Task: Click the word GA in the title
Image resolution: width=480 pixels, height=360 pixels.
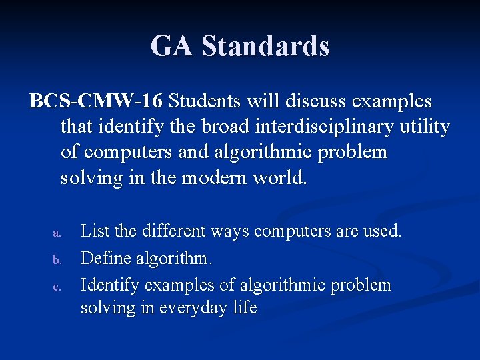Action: [172, 46]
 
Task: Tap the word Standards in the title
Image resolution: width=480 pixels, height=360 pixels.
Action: [265, 46]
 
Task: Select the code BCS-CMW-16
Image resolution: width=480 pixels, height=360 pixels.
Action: [95, 101]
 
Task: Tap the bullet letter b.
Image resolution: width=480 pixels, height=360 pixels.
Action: [57, 259]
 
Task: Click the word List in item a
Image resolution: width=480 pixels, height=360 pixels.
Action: [95, 231]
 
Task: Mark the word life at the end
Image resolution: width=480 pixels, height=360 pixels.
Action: [244, 308]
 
